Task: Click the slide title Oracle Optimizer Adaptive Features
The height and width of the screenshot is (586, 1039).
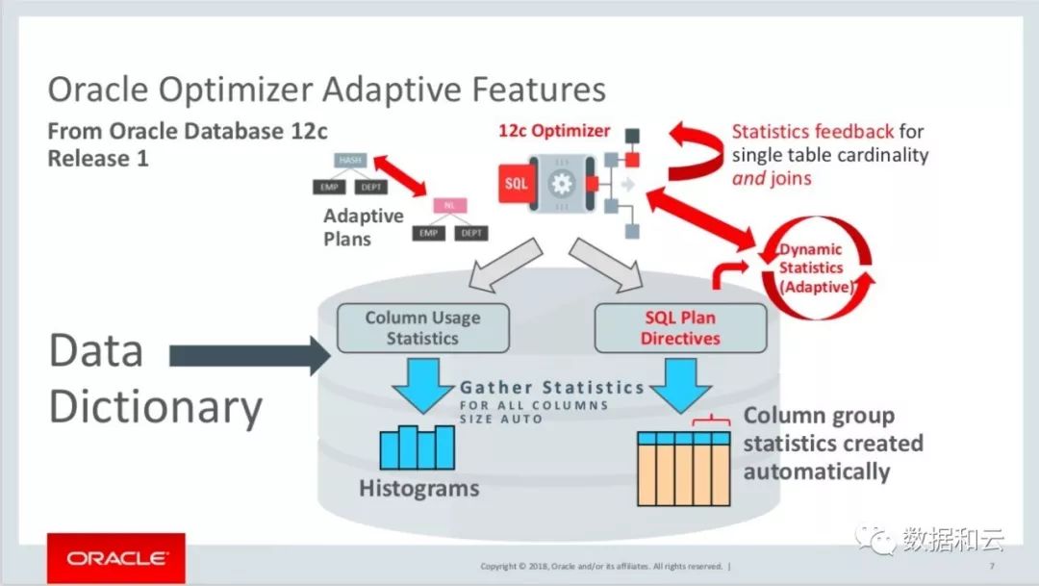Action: tap(327, 90)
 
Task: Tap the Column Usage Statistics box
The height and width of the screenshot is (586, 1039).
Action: tap(422, 328)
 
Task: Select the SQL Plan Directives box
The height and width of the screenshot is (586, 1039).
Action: tap(680, 328)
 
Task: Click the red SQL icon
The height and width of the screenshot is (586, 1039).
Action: tap(516, 183)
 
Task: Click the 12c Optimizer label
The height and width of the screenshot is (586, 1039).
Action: tap(554, 131)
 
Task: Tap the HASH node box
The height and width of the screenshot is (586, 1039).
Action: tap(348, 160)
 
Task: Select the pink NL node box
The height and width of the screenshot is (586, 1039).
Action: tap(449, 205)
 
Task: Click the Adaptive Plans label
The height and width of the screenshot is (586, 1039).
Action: tap(363, 227)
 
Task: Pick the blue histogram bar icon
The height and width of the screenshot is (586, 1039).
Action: tap(417, 446)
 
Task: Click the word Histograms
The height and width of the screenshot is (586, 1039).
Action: tap(418, 488)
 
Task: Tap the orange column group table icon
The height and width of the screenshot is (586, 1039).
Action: tap(685, 469)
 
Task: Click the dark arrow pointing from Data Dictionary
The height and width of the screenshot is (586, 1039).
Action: tap(248, 356)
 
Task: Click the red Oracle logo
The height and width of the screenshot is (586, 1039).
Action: tap(116, 558)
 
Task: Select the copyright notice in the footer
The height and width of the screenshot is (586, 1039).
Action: tap(604, 566)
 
